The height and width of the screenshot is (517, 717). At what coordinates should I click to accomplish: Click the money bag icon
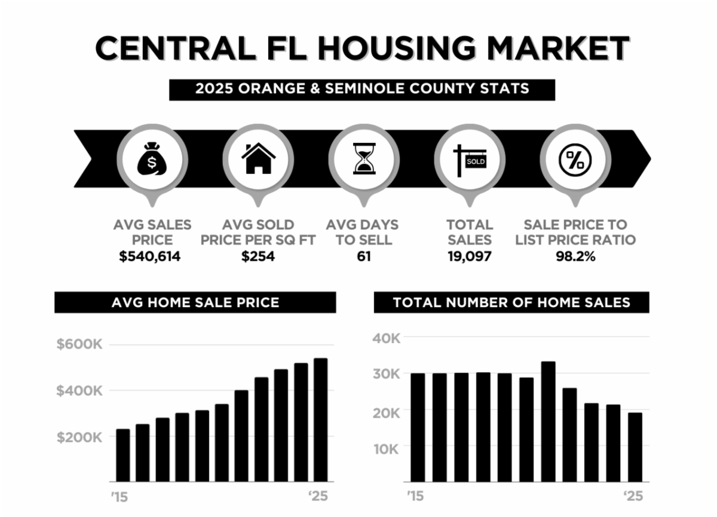pos(152,158)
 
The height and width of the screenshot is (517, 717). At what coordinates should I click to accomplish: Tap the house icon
pos(258,158)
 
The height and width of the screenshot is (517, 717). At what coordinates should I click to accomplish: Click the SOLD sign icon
pos(470,160)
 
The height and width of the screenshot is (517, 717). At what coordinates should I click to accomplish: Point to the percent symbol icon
pos(575,159)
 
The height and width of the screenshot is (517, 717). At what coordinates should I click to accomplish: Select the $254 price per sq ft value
pos(258,257)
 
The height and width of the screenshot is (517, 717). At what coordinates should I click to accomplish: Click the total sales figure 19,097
pos(470,257)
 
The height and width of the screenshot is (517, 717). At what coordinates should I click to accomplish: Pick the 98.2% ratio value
pos(575,257)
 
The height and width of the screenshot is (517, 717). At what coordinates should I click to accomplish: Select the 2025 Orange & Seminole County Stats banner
pos(362,89)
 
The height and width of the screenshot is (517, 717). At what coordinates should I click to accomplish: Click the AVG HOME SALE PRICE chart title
pos(195,302)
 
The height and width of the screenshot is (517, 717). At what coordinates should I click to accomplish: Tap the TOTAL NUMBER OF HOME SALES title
pos(511,302)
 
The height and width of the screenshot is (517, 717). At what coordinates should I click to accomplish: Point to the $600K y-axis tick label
pos(79,345)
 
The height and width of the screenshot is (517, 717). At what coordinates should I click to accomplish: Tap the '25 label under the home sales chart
pos(633,496)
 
